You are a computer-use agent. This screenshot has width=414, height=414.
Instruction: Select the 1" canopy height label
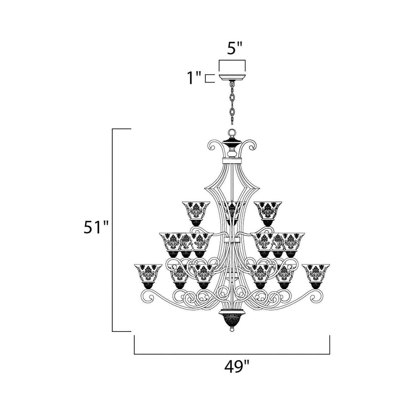[x=194, y=78]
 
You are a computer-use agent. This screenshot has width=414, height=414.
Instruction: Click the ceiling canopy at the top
[x=232, y=76]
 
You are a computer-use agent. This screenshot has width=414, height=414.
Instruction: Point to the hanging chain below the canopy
[x=232, y=103]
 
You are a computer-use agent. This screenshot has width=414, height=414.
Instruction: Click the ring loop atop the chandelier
[x=232, y=133]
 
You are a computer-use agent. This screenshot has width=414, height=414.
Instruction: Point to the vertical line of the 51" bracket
[x=113, y=229]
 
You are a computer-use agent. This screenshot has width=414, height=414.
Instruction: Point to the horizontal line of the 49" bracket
[x=232, y=354]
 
